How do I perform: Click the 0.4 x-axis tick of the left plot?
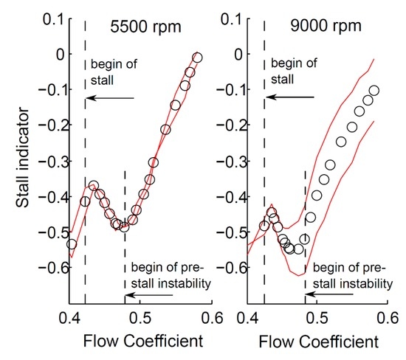[70, 318]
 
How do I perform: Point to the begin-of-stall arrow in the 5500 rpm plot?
[109, 97]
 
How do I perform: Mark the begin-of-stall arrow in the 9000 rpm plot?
[289, 97]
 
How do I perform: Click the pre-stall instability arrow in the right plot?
[336, 293]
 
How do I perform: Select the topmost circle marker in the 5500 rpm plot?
[197, 58]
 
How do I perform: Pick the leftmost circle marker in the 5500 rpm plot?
[72, 244]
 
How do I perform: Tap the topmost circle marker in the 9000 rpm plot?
[374, 91]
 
